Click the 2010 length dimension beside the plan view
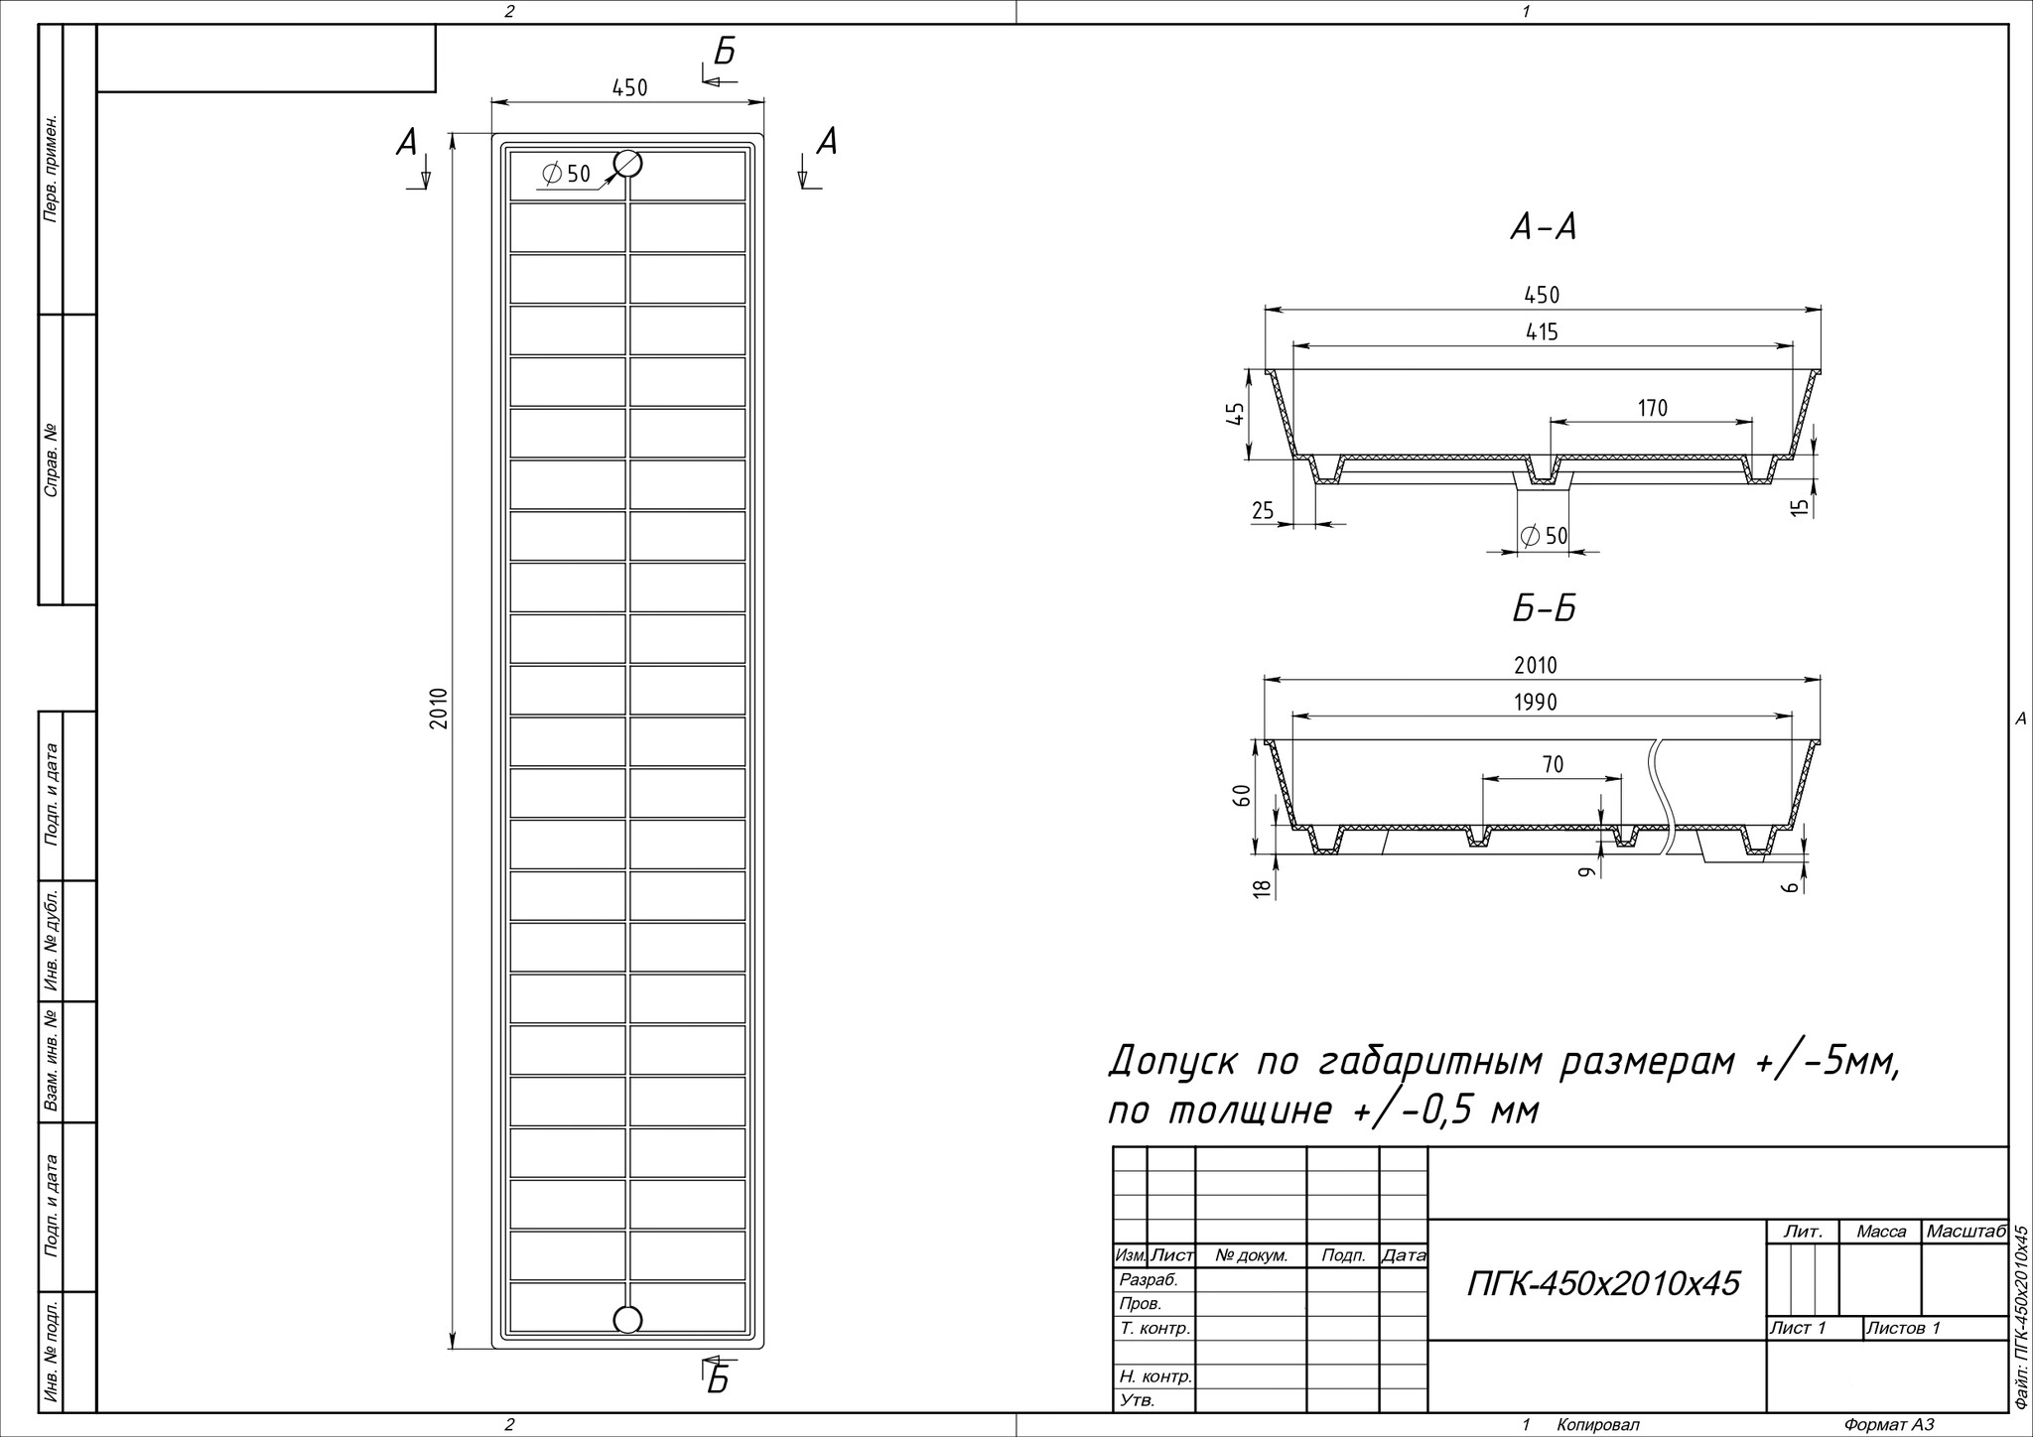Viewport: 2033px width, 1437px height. (440, 709)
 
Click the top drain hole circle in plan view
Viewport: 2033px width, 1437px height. (627, 164)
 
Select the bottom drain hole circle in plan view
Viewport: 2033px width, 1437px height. (627, 1319)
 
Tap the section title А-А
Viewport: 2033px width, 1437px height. (1543, 229)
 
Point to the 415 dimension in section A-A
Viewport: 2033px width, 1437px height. (1542, 332)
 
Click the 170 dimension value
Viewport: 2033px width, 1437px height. (1653, 408)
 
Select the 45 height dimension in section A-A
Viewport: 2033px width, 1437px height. (1235, 415)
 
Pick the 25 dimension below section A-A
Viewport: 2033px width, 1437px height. (1263, 511)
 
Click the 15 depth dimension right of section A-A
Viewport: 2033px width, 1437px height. (1800, 506)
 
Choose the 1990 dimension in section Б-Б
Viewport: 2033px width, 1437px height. (1536, 703)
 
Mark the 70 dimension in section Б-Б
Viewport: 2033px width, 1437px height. (1553, 764)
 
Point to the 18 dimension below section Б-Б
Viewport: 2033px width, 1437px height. (1263, 888)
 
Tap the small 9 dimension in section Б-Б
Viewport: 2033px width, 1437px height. (1586, 871)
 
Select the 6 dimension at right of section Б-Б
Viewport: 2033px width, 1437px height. (1791, 886)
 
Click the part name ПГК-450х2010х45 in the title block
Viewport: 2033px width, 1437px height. (1603, 1283)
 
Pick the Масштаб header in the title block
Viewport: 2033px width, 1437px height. (1965, 1232)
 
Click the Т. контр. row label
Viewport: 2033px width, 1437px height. (1154, 1328)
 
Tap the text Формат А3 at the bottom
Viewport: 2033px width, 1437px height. (1888, 1425)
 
